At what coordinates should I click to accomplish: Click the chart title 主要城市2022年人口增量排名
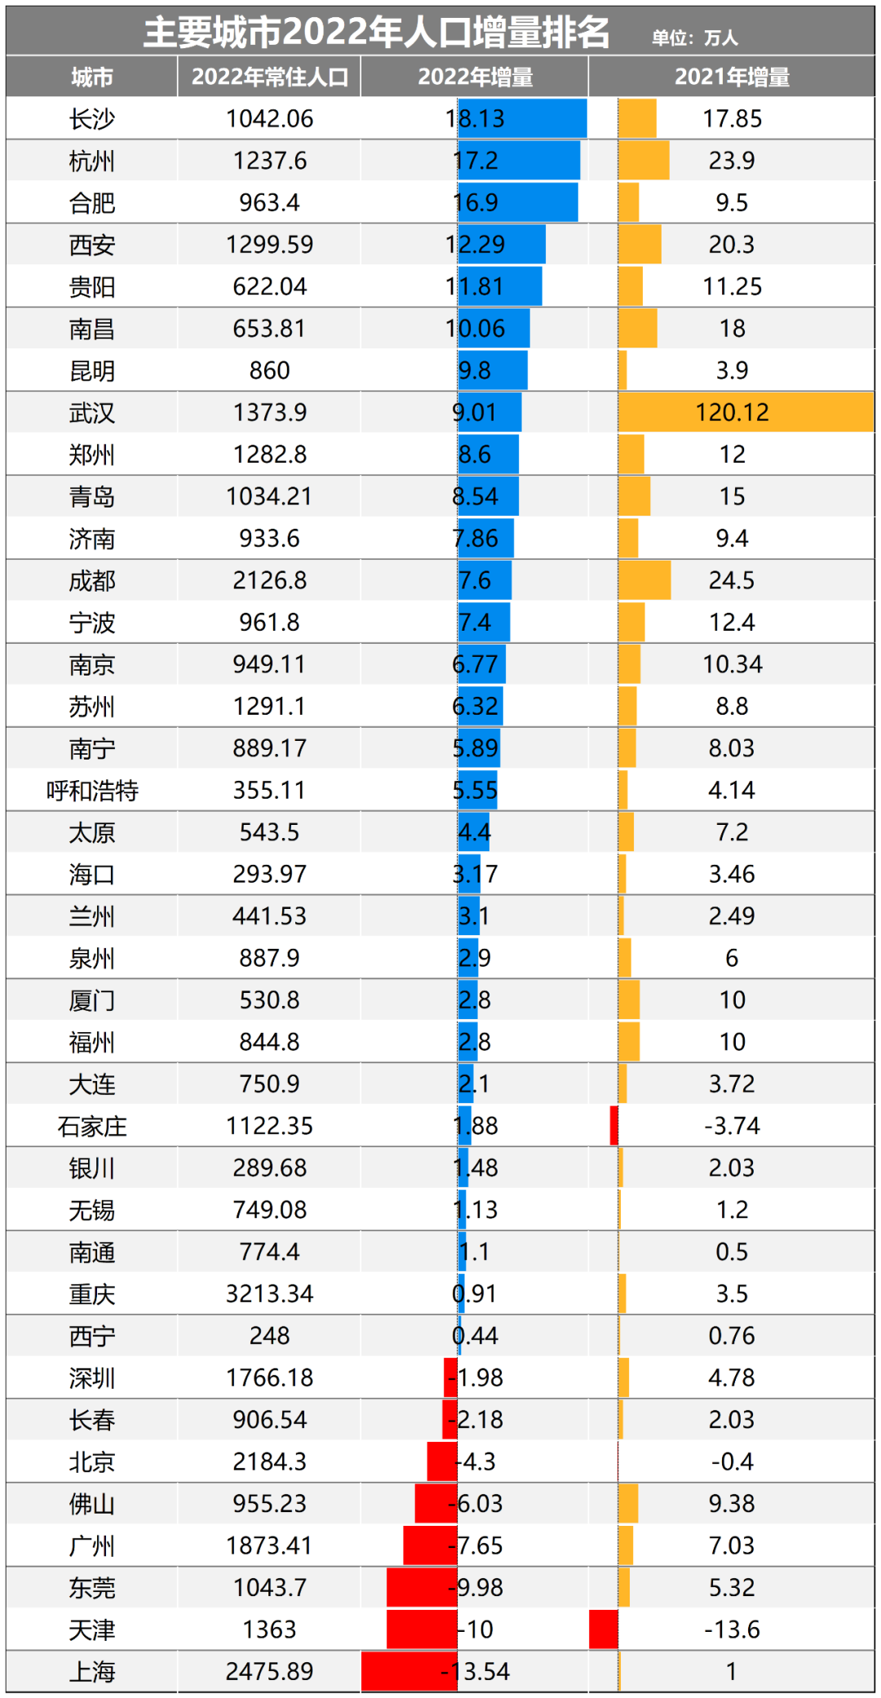click(x=376, y=33)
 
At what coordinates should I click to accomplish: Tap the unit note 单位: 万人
click(x=694, y=38)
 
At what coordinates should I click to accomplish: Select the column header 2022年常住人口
click(x=269, y=78)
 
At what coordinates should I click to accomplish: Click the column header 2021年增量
click(x=732, y=78)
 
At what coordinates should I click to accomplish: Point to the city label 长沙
click(x=91, y=119)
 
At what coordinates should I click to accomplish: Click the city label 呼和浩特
click(x=91, y=791)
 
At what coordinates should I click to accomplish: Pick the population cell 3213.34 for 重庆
click(x=269, y=1294)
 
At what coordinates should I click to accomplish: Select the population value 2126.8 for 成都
click(x=269, y=580)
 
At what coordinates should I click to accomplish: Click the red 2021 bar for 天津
click(x=604, y=1629)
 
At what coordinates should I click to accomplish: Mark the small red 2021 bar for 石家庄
click(x=614, y=1126)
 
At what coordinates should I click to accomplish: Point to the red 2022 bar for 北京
click(x=442, y=1461)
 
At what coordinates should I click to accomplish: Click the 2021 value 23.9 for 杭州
click(x=732, y=161)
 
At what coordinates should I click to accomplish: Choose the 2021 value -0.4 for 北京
click(x=732, y=1461)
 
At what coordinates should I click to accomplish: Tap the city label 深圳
click(x=91, y=1378)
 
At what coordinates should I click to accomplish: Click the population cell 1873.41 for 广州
click(x=269, y=1545)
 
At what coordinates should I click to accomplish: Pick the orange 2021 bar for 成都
click(x=644, y=580)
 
